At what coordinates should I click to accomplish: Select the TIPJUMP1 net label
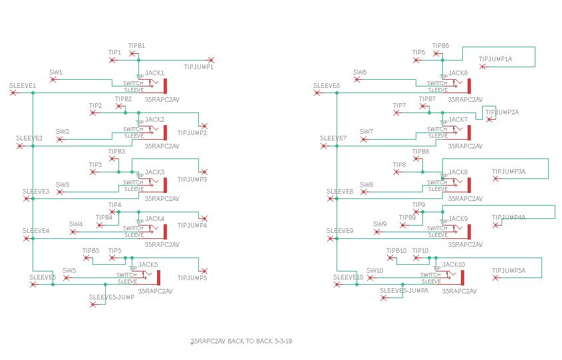tap(198, 67)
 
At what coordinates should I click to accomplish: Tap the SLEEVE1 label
tap(23, 86)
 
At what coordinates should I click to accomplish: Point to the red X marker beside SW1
tap(55, 80)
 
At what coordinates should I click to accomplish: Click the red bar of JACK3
tap(165, 184)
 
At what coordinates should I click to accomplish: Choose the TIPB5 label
tap(90, 251)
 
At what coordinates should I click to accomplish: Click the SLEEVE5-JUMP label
tap(112, 297)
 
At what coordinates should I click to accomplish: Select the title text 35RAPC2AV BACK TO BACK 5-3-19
tap(241, 341)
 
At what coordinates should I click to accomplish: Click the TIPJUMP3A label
tap(509, 172)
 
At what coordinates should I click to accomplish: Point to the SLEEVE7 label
tap(333, 138)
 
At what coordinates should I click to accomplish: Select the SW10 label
tap(375, 271)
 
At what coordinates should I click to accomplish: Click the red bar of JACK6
tap(469, 85)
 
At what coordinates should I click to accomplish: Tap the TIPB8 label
tap(421, 152)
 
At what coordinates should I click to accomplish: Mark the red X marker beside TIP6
tap(416, 60)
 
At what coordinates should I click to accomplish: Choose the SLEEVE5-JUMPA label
tap(404, 290)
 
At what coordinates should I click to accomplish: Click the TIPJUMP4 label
tap(192, 225)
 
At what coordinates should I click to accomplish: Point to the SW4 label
tap(76, 224)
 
